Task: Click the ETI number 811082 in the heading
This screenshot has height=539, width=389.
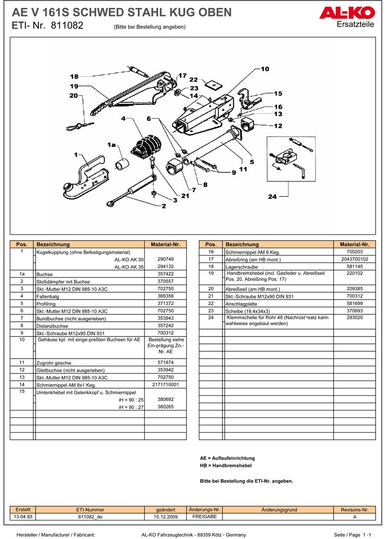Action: [x=67, y=26]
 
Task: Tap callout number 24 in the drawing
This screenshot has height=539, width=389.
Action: [x=272, y=197]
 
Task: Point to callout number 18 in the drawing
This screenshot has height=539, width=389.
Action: [x=74, y=77]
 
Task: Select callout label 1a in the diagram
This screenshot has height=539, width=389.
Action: [x=111, y=145]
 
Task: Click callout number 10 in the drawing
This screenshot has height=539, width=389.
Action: [x=265, y=69]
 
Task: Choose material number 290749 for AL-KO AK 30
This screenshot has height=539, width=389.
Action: [x=165, y=259]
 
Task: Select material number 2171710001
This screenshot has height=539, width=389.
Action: [x=165, y=385]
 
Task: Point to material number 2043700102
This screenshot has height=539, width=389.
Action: [x=354, y=259]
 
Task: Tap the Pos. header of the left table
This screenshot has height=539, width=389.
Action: [x=22, y=244]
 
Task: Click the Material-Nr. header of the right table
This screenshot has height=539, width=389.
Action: [x=354, y=244]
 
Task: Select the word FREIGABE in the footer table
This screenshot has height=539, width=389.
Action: [x=204, y=517]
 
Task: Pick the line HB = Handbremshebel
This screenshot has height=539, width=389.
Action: [x=226, y=466]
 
